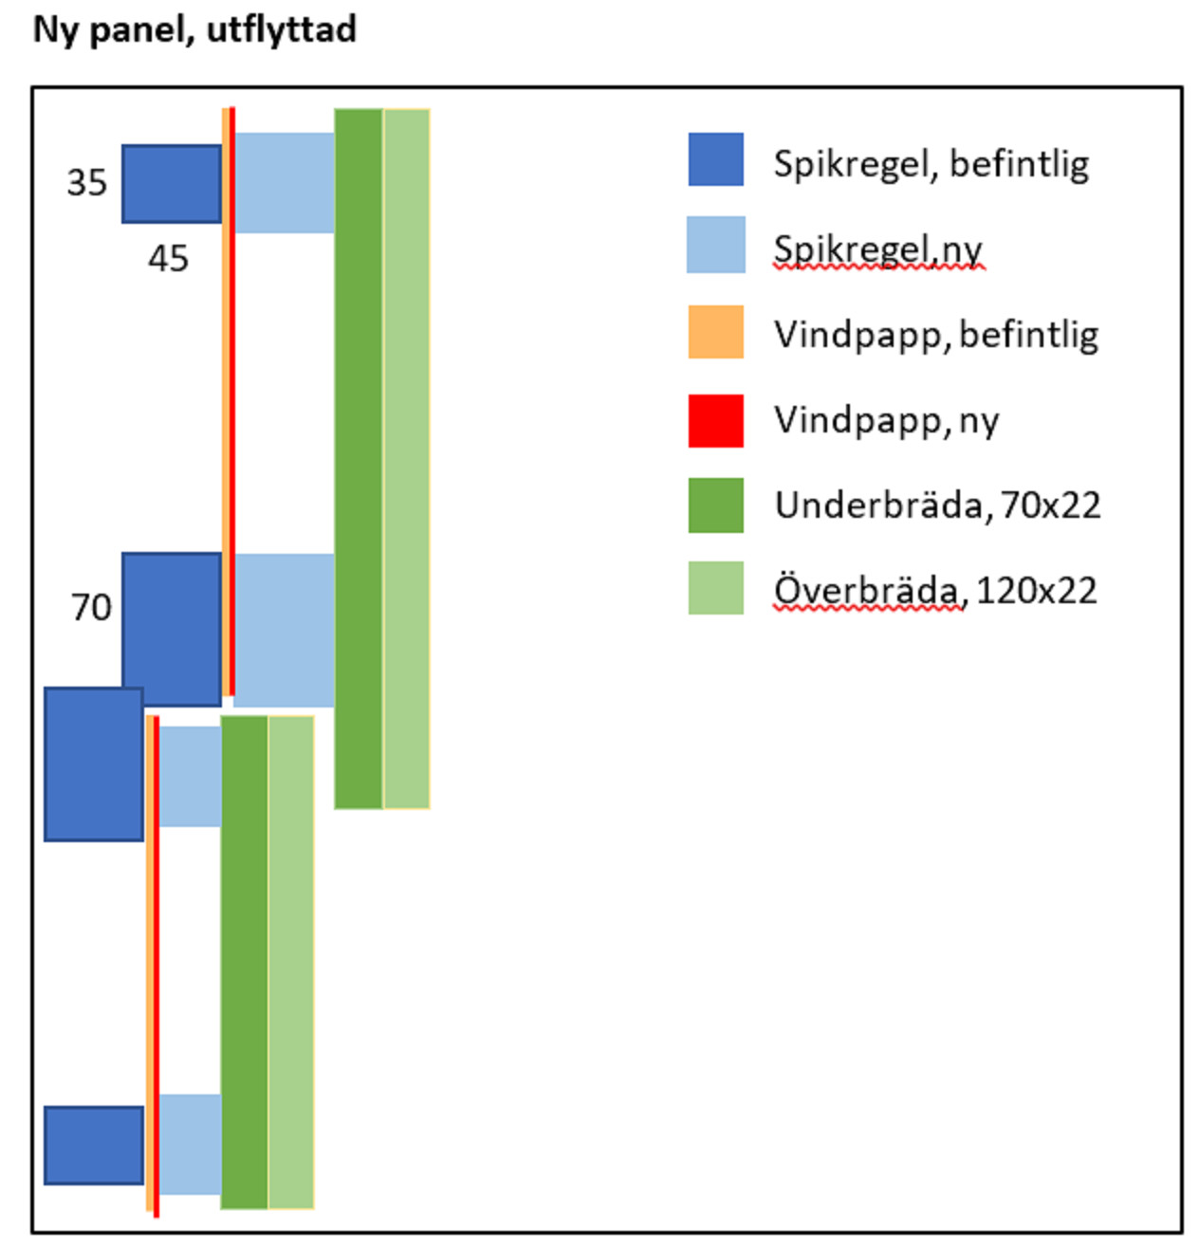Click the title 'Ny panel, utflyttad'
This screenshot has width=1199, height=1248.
[194, 30]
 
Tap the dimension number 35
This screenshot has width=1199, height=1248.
[86, 183]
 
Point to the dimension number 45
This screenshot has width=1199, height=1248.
[168, 259]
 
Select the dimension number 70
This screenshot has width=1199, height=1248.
[91, 607]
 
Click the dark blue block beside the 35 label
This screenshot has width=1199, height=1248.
[171, 184]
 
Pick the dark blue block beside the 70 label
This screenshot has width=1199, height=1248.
[171, 629]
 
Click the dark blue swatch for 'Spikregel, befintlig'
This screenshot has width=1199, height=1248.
[715, 159]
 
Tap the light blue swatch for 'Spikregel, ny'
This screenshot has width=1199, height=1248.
[715, 245]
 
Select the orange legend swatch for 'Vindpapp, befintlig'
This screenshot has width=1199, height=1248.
[715, 332]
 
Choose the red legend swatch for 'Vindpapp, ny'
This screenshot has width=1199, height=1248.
[715, 420]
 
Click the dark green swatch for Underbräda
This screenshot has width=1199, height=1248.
[715, 505]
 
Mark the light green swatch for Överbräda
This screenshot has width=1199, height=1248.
[715, 588]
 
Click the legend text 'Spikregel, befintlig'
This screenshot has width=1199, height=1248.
[931, 164]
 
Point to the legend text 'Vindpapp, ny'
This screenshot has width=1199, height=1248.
[886, 420]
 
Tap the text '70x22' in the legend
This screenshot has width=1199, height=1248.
[1050, 505]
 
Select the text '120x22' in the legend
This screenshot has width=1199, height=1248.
[1036, 591]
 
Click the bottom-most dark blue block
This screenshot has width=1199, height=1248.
[94, 1145]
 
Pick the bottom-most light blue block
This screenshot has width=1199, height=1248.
[190, 1144]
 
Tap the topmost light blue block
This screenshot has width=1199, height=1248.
[284, 183]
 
